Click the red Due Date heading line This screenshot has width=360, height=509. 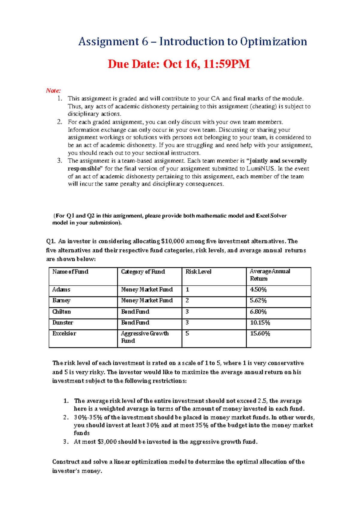(x=179, y=64)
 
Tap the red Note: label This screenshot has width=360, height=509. (x=53, y=91)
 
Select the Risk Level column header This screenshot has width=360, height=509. (x=198, y=272)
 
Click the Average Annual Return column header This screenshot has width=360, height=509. (x=270, y=275)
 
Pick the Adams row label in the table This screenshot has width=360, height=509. (x=61, y=290)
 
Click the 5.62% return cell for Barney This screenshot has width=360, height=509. (x=258, y=300)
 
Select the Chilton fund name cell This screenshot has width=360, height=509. (x=61, y=312)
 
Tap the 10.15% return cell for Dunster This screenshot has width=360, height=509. (x=260, y=323)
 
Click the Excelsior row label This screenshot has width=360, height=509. (x=64, y=333)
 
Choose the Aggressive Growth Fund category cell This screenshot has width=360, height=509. (x=145, y=337)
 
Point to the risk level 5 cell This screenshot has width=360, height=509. (x=187, y=333)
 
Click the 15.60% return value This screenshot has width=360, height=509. (x=260, y=333)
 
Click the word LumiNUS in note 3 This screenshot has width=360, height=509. (x=261, y=168)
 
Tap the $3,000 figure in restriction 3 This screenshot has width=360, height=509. (x=107, y=442)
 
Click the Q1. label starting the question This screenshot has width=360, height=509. (x=51, y=241)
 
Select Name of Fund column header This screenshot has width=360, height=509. (x=70, y=272)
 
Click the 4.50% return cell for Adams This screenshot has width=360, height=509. (x=258, y=290)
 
